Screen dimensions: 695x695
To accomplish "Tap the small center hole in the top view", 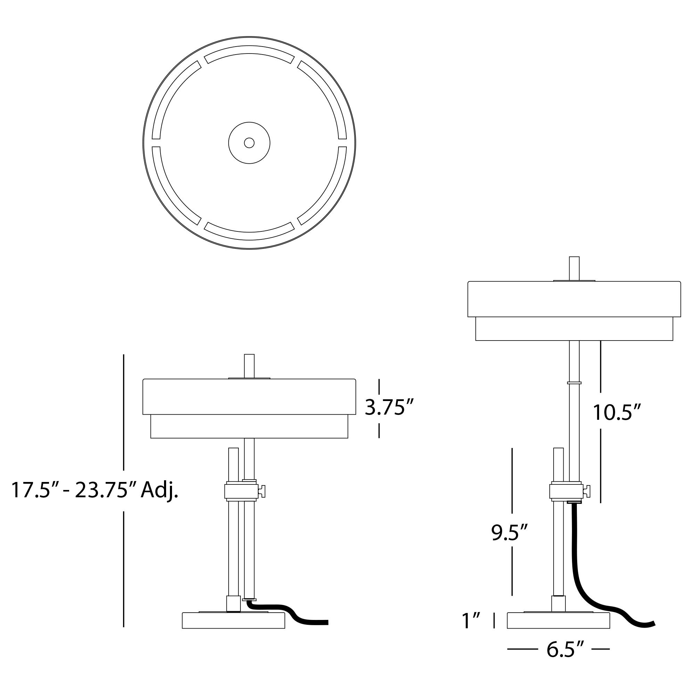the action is click(249, 143).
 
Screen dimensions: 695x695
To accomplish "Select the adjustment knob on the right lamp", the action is click(587, 491).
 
